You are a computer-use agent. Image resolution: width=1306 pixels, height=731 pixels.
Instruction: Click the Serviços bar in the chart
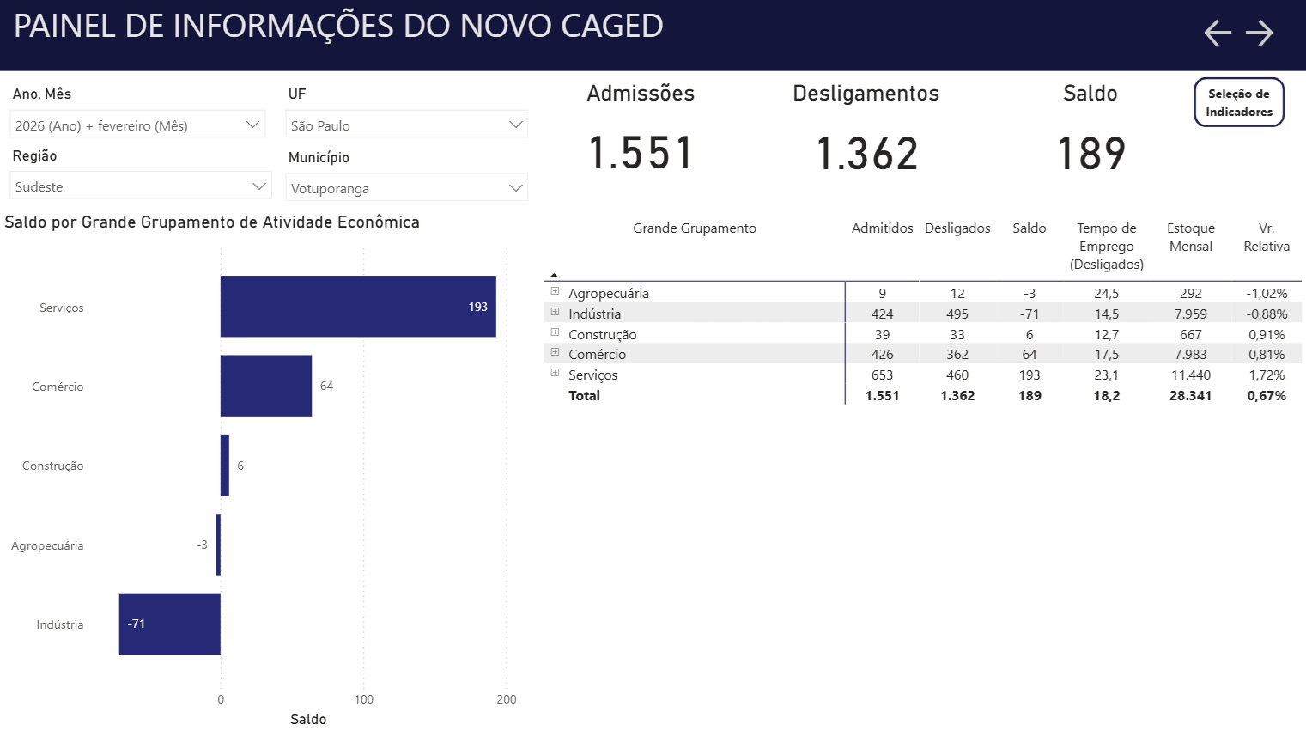click(357, 307)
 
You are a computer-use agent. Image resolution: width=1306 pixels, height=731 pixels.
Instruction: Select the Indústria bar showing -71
click(169, 624)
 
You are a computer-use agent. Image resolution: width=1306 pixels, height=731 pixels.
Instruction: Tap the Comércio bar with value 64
click(265, 386)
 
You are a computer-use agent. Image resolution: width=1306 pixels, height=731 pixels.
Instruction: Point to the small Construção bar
click(225, 466)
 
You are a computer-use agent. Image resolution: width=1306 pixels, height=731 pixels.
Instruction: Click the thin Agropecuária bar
click(218, 545)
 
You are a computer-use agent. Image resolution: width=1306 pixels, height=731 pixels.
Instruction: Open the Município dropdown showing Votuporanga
click(406, 188)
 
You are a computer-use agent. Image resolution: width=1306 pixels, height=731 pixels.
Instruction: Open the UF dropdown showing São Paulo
click(406, 125)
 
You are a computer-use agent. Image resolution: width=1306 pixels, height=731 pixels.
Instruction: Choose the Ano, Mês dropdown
click(137, 125)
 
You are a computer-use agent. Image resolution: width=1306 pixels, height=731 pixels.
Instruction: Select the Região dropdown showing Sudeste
click(141, 186)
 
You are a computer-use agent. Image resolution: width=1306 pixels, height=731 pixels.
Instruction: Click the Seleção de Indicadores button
click(1238, 103)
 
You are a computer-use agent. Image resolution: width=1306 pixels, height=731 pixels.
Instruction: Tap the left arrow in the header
click(1217, 34)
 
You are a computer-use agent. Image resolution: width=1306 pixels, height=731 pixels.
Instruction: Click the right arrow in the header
click(1260, 34)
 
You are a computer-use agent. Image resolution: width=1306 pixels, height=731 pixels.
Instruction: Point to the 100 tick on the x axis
click(364, 699)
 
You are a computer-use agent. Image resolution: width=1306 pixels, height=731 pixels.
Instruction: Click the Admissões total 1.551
click(641, 154)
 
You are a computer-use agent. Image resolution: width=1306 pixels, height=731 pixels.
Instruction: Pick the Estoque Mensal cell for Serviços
click(1190, 375)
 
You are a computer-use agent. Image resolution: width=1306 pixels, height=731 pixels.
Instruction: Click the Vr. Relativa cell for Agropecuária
click(1267, 294)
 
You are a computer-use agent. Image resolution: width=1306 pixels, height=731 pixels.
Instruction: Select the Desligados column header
click(957, 228)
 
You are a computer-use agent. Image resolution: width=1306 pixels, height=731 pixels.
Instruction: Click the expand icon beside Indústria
click(555, 312)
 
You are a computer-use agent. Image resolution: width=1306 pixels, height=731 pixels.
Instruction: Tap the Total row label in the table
click(584, 396)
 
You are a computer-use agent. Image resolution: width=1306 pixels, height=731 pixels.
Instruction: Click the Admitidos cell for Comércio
click(882, 355)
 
